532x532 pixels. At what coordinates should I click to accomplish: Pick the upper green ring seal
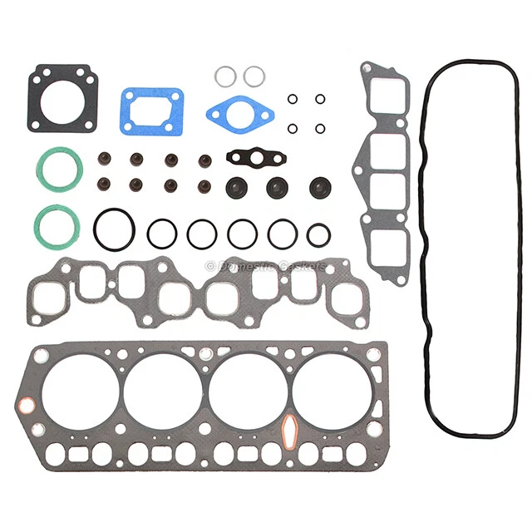[58, 170]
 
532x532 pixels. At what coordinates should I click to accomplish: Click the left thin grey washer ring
[224, 76]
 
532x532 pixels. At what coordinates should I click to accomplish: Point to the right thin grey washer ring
[254, 76]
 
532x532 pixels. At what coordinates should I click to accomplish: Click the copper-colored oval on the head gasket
[291, 431]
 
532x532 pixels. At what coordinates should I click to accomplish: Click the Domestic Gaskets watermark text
[266, 267]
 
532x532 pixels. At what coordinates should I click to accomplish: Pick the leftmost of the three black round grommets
[236, 187]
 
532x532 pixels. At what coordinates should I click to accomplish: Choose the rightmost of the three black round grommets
[321, 187]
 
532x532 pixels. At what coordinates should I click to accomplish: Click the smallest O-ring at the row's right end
[318, 234]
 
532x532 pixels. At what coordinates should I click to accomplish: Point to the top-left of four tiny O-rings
[293, 99]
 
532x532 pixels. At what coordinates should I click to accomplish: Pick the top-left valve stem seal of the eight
[105, 158]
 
